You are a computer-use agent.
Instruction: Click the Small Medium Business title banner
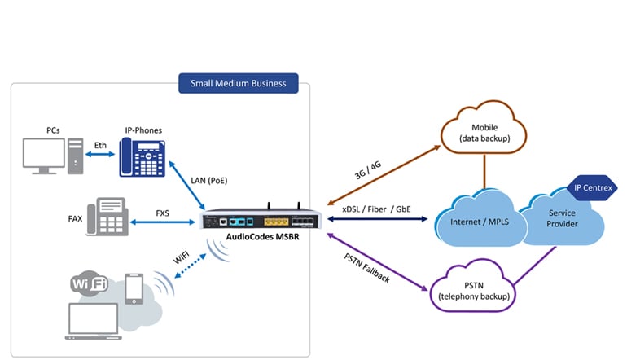239,83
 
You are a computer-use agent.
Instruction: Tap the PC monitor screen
44,154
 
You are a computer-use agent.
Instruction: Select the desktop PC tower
76,156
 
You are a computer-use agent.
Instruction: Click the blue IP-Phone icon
142,157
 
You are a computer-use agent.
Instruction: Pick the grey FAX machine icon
107,217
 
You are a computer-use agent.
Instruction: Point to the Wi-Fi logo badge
90,283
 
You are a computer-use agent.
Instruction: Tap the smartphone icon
134,289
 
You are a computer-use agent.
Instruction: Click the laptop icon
93,321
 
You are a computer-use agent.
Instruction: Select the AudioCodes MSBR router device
261,218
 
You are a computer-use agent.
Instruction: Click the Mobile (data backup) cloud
484,127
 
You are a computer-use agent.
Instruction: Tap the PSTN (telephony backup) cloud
473,286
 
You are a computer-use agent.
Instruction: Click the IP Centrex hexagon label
593,187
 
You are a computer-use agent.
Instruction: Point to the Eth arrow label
100,145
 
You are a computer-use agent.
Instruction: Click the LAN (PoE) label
209,180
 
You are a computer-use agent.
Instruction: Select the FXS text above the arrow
162,213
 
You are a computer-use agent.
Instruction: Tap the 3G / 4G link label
368,170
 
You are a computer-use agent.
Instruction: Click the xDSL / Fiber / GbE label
376,209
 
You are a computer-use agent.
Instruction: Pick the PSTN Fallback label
366,268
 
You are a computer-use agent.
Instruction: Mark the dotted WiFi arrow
191,266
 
